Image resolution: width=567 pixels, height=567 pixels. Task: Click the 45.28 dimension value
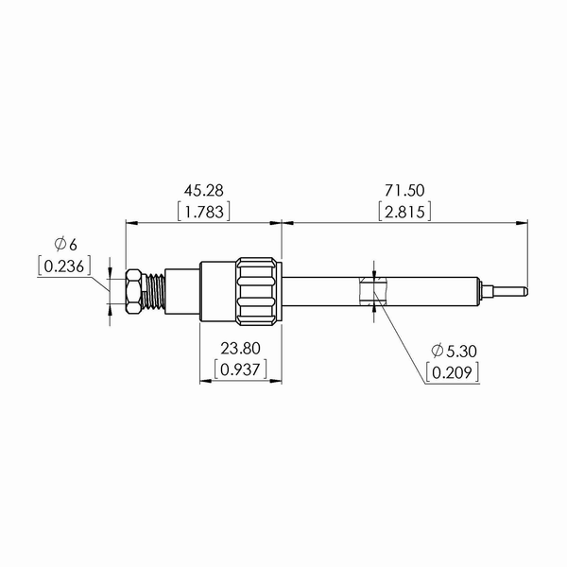point(203,191)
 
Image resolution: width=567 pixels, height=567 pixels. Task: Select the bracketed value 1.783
point(203,211)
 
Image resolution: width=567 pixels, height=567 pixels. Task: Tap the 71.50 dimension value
point(404,191)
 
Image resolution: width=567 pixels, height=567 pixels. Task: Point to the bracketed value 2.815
point(404,211)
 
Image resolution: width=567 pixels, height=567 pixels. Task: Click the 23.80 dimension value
point(240,347)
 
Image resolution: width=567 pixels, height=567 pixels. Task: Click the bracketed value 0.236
point(64,266)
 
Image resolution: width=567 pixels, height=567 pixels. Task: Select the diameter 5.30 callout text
point(453,351)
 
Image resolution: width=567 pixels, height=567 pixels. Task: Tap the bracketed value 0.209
point(453,372)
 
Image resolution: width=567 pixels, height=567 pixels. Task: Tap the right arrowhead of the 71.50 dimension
point(523,224)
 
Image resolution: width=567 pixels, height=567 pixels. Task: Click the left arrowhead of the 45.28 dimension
point(131,224)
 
